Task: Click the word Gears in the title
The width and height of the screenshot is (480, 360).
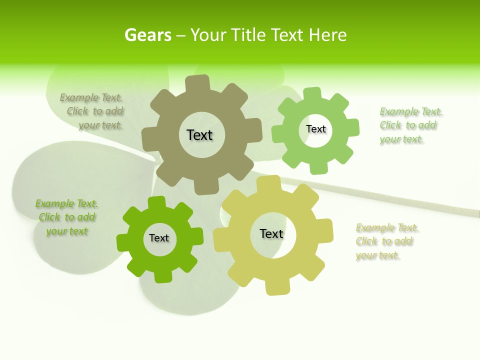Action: pos(147,35)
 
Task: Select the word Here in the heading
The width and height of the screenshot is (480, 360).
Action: pos(327,35)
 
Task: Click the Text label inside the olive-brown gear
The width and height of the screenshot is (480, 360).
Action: pos(199,135)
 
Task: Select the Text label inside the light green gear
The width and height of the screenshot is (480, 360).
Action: pos(315,129)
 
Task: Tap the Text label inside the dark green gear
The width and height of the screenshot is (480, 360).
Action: pos(159,238)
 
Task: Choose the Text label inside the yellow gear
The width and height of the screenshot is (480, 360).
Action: pos(271,233)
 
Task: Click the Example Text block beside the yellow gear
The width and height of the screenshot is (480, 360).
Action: pos(386,241)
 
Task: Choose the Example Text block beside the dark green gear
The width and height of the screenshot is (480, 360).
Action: pos(67,217)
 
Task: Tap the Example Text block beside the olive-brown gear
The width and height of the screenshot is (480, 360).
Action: pos(93,111)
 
